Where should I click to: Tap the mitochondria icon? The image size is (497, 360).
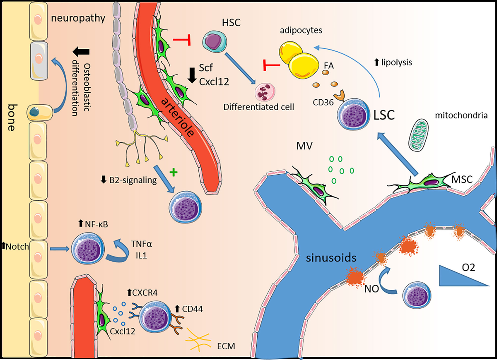(x=422, y=135)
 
